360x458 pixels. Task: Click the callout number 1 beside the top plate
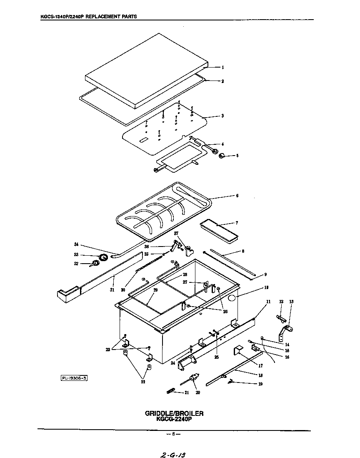(x=223, y=67)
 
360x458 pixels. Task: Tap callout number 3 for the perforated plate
(x=223, y=116)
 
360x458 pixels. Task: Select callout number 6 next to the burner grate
(x=237, y=196)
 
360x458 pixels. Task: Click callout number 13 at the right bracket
(x=291, y=302)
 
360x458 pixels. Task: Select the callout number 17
(x=260, y=366)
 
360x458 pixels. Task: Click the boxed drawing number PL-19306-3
(x=75, y=378)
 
